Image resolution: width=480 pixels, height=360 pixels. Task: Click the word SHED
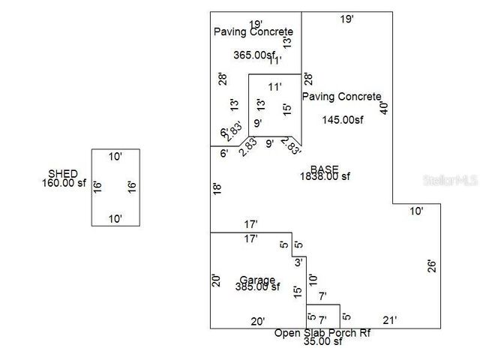63,173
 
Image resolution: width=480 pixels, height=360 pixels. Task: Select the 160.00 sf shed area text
64,183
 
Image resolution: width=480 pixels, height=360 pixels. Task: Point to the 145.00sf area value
343,119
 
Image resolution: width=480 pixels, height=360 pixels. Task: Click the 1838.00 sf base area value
325,176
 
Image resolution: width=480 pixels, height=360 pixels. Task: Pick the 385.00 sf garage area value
258,286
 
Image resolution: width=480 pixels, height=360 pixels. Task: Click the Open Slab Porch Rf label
322,333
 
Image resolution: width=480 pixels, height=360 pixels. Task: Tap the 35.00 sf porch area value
322,342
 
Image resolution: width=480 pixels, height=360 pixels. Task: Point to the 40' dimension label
385,107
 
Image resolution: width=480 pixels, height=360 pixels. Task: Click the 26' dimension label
431,265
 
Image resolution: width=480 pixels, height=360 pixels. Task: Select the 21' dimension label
389,319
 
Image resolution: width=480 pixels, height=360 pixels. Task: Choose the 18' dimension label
217,189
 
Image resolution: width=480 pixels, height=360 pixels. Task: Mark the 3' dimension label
298,262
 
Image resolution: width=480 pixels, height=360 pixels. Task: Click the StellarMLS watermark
450,181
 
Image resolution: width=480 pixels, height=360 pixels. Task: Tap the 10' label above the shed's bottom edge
115,219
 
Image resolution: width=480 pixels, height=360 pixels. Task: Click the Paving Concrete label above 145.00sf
342,97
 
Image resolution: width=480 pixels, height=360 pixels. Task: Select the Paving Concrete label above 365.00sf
253,31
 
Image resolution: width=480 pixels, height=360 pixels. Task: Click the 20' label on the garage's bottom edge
257,320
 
